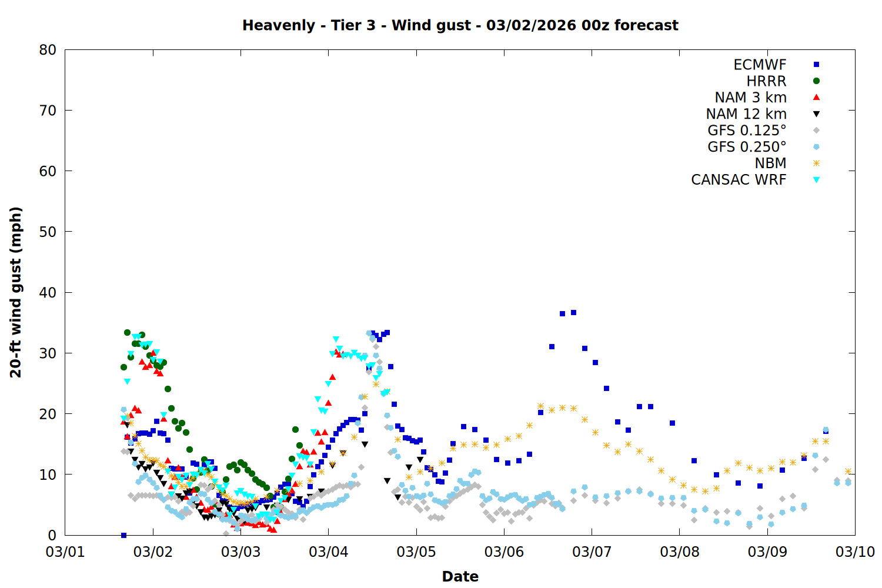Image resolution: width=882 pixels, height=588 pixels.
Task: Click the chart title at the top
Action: [x=460, y=25]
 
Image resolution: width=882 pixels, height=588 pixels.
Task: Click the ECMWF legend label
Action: [x=760, y=65]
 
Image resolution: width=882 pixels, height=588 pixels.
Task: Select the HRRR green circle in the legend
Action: [x=816, y=81]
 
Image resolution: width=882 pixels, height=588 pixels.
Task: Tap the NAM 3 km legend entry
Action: [x=750, y=98]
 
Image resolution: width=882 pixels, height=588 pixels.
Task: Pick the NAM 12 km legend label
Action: [x=746, y=114]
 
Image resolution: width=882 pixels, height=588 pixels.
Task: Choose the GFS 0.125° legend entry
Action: [x=747, y=131]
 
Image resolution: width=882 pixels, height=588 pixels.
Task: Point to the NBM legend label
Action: [x=770, y=163]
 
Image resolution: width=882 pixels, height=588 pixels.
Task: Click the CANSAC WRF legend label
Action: [x=739, y=180]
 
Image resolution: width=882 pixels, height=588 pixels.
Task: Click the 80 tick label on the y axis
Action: [x=48, y=50]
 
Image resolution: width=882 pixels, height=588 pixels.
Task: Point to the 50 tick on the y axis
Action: [x=48, y=232]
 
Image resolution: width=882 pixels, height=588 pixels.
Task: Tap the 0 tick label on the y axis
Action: [x=52, y=535]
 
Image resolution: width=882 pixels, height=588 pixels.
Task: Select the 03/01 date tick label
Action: [x=65, y=552]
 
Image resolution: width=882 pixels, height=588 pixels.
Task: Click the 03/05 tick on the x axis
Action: [x=416, y=552]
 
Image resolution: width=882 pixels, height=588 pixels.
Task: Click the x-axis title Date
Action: [x=460, y=576]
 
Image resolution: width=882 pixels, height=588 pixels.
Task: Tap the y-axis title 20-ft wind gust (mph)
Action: [x=16, y=292]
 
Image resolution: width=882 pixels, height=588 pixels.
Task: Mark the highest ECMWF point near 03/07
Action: [x=573, y=312]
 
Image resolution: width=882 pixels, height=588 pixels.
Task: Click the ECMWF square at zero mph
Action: [x=123, y=535]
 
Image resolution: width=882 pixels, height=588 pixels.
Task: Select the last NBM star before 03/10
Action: [x=848, y=472]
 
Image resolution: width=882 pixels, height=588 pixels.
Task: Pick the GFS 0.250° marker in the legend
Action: [x=816, y=147]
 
